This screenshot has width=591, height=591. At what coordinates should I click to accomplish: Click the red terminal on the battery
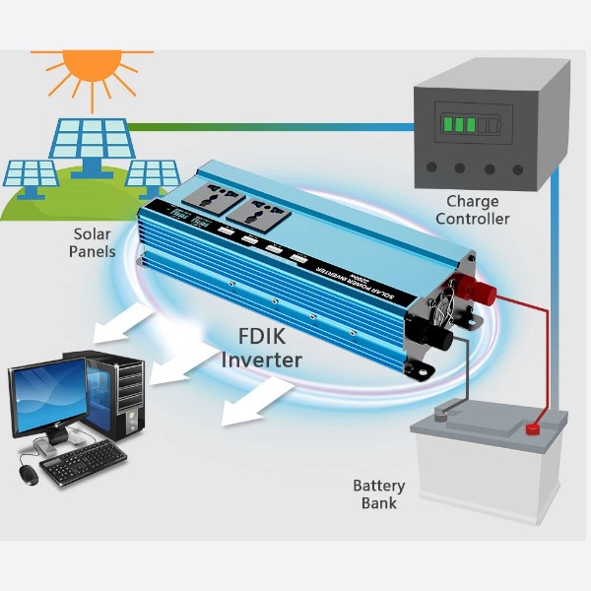(533, 428)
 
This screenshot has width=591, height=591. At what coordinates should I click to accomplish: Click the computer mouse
(28, 474)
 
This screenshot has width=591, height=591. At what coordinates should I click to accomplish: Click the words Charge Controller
(472, 210)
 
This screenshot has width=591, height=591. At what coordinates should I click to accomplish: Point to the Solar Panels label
(93, 242)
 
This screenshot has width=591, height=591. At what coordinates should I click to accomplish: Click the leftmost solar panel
(33, 175)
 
